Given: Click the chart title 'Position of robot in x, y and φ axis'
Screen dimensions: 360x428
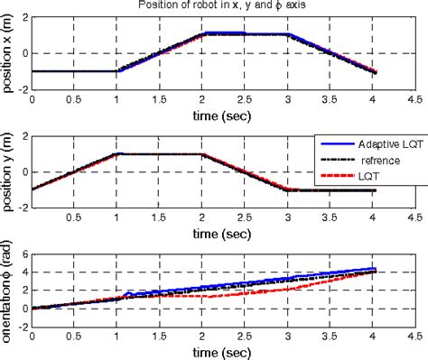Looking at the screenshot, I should click(222, 6).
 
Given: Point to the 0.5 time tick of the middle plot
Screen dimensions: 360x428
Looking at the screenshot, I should click(73, 217).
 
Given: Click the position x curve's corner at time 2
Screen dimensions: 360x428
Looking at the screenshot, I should click(201, 33).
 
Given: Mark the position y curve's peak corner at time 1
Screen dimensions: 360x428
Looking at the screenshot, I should click(116, 154).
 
